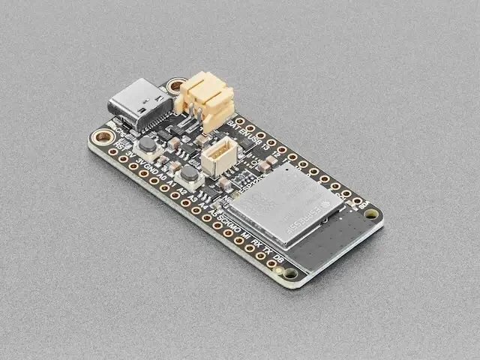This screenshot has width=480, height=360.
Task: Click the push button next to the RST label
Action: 147,145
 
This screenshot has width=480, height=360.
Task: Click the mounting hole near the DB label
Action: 291,274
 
